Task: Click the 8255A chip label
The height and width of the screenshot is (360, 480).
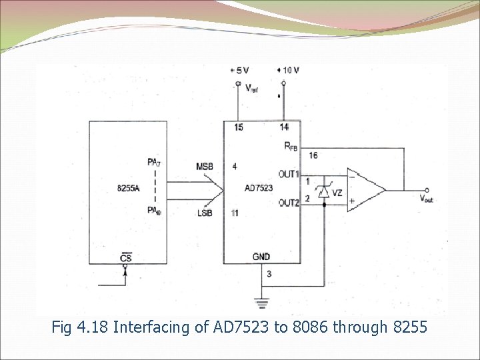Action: coord(128,188)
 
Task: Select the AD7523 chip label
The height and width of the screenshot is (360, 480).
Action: coord(259,189)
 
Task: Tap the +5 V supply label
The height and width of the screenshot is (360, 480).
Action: coord(239,70)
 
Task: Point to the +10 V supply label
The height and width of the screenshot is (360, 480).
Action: coord(288,70)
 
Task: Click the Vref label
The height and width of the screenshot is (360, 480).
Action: coord(252,88)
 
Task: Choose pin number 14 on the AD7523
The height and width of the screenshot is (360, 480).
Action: coord(284,127)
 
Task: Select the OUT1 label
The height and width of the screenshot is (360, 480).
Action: coord(289,174)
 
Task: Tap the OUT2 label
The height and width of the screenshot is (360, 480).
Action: coord(289,203)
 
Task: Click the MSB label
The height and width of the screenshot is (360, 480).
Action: coord(205,166)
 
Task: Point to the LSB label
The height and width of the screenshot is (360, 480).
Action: coord(205,212)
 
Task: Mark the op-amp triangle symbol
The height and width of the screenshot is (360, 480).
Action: coord(365,189)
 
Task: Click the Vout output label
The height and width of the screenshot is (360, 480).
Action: coord(426,198)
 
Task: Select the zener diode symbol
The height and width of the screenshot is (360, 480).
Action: coord(323,192)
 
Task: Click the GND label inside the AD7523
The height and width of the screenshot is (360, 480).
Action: coord(261,257)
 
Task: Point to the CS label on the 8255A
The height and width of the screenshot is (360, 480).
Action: coord(125,258)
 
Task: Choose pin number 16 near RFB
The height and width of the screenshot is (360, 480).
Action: coord(313,155)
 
